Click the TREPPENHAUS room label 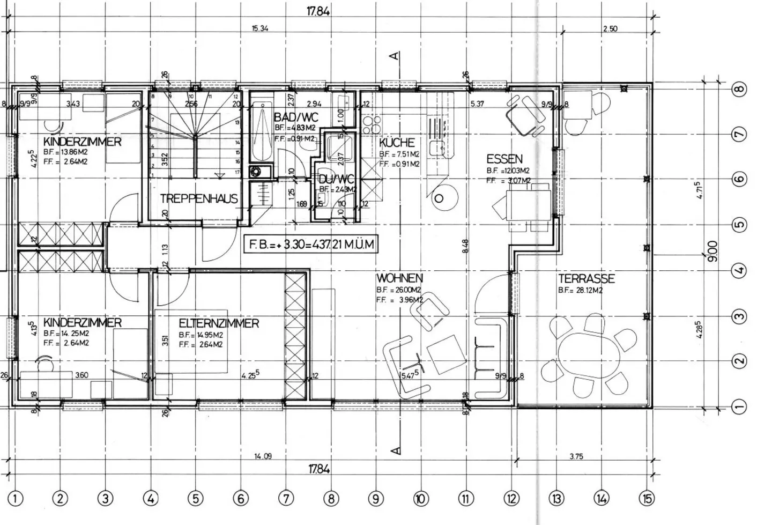[198, 199]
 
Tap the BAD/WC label [296, 117]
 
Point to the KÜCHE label [397, 143]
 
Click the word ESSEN [504, 159]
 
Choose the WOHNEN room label [399, 278]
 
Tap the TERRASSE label [586, 279]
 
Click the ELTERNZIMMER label [219, 323]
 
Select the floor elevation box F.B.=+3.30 [310, 245]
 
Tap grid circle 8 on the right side [739, 88]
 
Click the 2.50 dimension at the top [610, 29]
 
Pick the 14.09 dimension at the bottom [263, 456]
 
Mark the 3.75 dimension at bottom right [576, 456]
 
